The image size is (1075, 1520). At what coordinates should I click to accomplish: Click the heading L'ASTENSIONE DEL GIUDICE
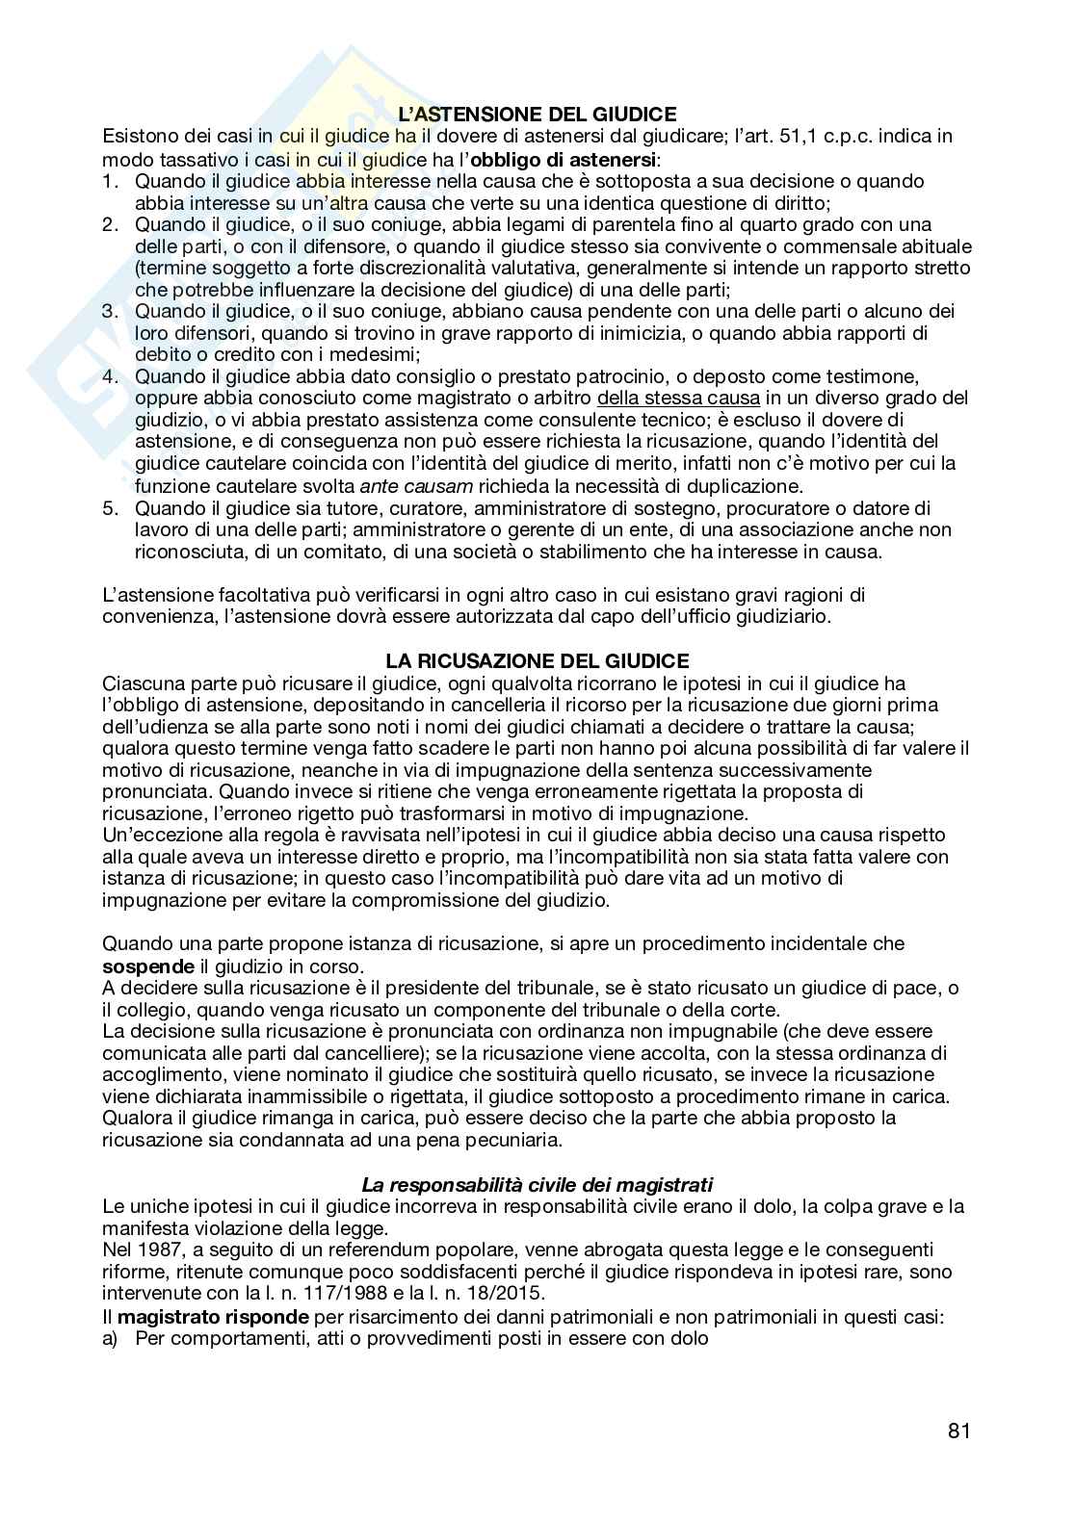click(x=537, y=114)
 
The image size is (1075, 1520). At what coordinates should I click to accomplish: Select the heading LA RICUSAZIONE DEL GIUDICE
click(x=537, y=661)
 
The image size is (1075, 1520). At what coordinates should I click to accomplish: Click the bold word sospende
click(x=148, y=966)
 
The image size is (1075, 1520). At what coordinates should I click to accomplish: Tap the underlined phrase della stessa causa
click(x=679, y=399)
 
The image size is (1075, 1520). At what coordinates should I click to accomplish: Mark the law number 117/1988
click(x=361, y=1294)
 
